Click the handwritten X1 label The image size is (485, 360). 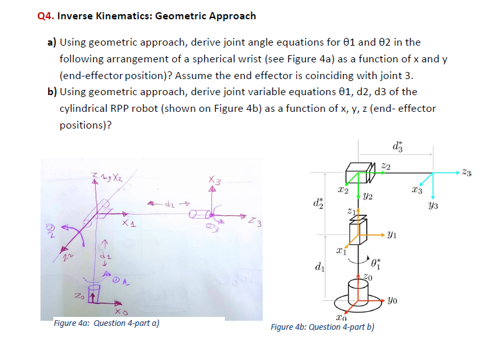(x=130, y=224)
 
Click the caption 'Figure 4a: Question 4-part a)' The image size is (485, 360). (x=107, y=323)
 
